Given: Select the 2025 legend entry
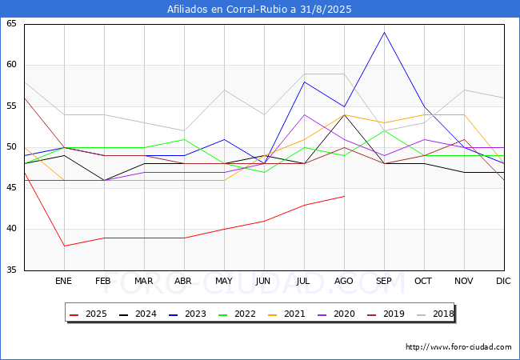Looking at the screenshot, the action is [x=89, y=314].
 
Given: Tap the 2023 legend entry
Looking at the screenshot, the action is [x=188, y=314].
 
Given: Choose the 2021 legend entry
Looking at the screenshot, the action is [x=287, y=314].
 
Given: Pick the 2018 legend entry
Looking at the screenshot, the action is [x=435, y=314].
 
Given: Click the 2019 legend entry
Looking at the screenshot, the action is [x=386, y=314].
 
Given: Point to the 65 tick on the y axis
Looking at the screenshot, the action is [x=11, y=23].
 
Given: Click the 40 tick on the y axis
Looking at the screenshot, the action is [x=11, y=229].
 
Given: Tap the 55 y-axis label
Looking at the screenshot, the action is [x=11, y=106].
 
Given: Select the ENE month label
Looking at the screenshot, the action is [x=63, y=281].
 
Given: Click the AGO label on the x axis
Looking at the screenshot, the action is [x=344, y=281].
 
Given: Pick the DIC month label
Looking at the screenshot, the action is [x=503, y=281].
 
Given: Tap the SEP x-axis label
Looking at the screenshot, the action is [x=384, y=281].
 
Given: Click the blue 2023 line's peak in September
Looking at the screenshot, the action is [x=384, y=32].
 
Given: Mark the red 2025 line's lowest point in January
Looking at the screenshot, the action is [x=64, y=246].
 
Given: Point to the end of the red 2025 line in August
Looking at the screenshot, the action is [x=345, y=196].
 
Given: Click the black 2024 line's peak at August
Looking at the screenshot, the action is [x=345, y=114].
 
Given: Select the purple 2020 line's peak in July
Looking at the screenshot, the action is [x=305, y=114].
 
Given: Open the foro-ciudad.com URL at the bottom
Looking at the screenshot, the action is [x=458, y=347].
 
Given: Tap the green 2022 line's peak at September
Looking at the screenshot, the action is [x=384, y=131].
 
